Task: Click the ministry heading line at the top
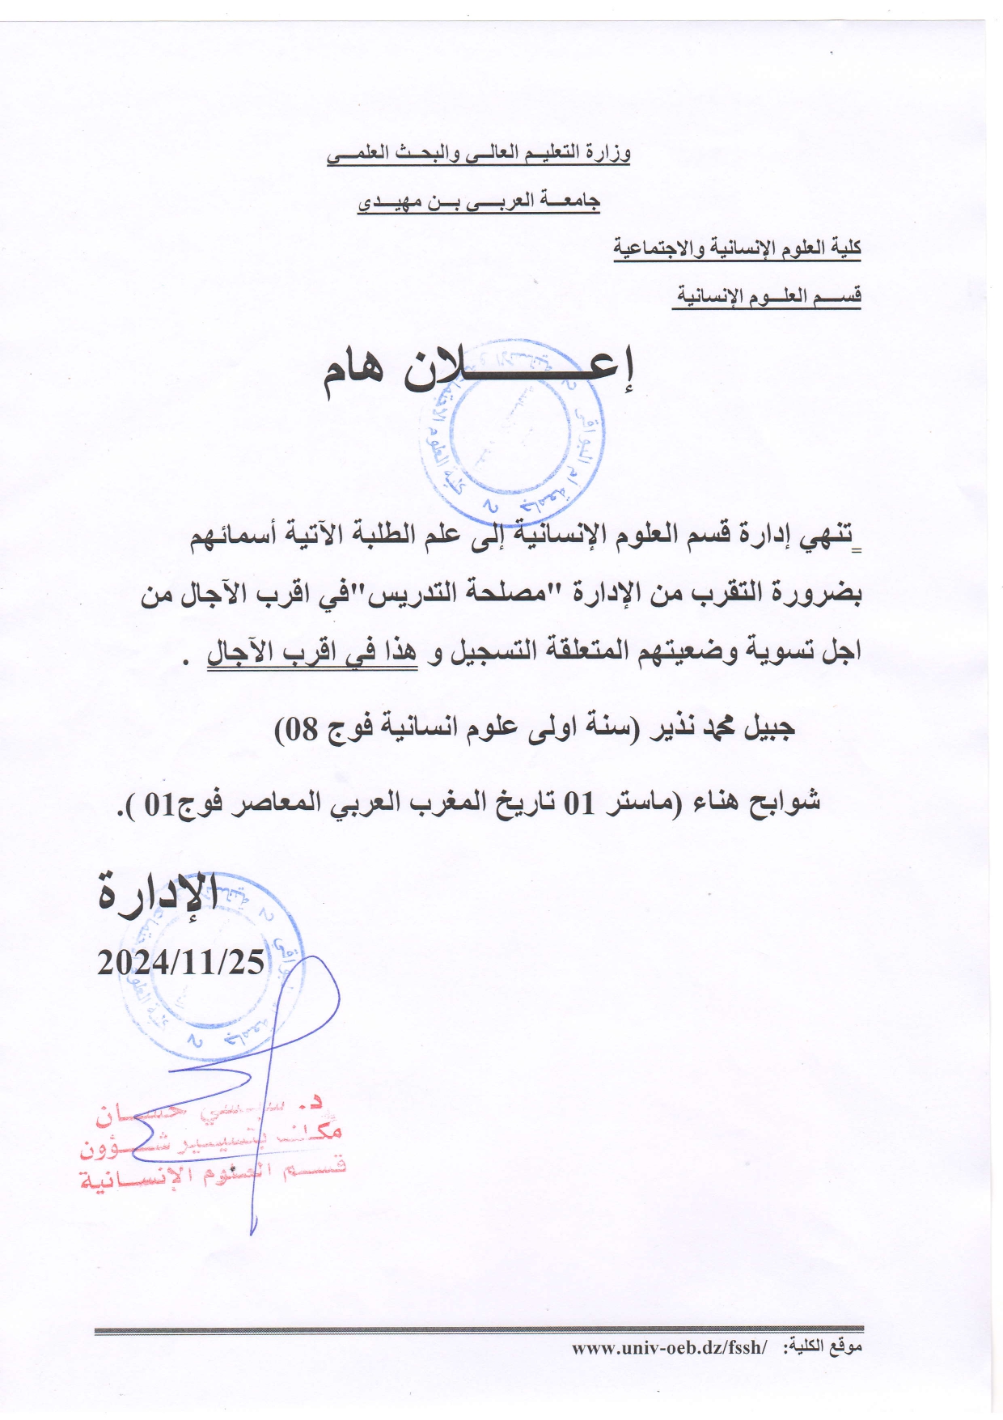tap(478, 154)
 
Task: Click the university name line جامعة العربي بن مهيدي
tap(478, 201)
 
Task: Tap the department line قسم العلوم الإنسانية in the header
tap(767, 296)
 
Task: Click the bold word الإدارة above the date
tap(157, 894)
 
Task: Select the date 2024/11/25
tap(180, 962)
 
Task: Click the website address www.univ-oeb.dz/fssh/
tap(668, 1347)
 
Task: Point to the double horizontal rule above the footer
tap(479, 1329)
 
